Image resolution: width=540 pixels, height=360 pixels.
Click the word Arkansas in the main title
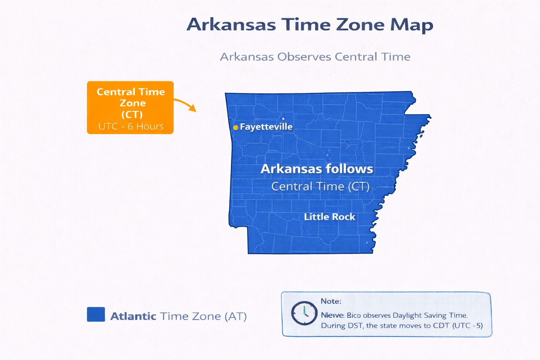(x=231, y=25)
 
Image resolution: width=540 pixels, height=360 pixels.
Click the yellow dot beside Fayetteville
(x=236, y=127)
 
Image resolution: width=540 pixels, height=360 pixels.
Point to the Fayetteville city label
(x=266, y=127)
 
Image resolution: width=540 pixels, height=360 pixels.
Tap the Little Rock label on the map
(x=329, y=217)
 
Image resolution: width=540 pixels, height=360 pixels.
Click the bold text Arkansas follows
(x=316, y=169)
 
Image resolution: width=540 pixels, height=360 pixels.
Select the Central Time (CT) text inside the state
(x=320, y=186)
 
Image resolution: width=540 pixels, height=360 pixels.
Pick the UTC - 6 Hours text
(x=131, y=126)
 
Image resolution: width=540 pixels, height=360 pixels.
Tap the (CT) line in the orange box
(x=132, y=115)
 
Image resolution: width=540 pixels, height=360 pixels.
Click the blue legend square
(x=96, y=314)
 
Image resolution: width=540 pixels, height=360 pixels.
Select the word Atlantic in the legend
(x=133, y=316)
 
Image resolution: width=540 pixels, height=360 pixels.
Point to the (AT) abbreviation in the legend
(x=235, y=316)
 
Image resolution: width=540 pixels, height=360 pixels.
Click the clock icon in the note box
(x=304, y=313)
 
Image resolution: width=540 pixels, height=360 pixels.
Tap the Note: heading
(x=331, y=301)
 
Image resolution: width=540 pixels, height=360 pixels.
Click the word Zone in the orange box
(x=133, y=103)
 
